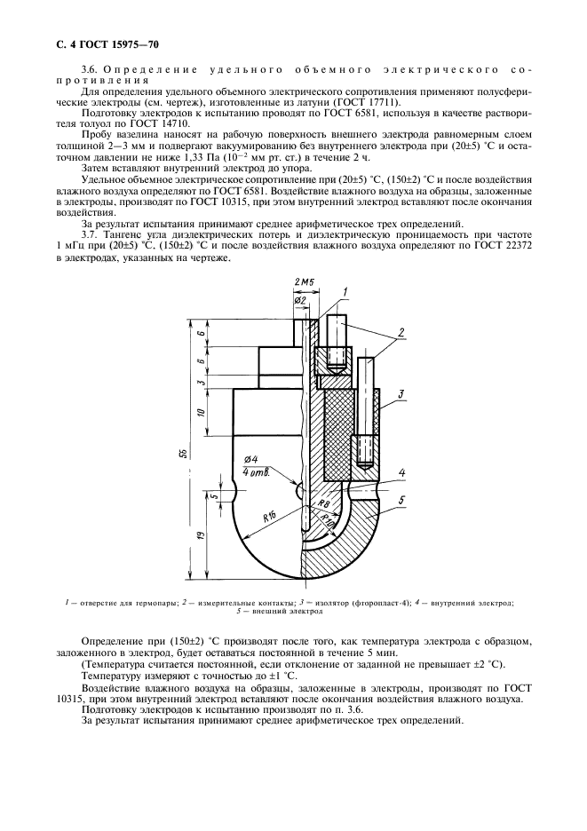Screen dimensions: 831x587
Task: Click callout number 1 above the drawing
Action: pyautogui.click(x=345, y=291)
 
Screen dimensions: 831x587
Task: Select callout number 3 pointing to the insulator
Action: pyautogui.click(x=402, y=392)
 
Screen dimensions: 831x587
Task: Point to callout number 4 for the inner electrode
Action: pyautogui.click(x=402, y=471)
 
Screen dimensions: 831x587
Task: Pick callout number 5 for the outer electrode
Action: pyautogui.click(x=402, y=501)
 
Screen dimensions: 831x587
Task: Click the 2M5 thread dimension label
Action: pyautogui.click(x=302, y=282)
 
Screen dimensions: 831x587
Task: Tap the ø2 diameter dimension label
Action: pyautogui.click(x=300, y=300)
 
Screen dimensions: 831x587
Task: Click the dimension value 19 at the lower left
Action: pyautogui.click(x=202, y=534)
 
